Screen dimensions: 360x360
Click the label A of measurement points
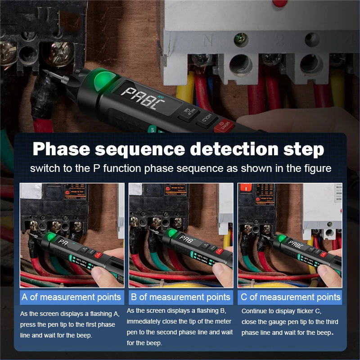coord(72,297)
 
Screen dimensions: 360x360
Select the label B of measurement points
coord(180,297)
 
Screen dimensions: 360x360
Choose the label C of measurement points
coord(290,297)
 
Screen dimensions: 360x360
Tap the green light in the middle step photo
coord(171,233)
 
